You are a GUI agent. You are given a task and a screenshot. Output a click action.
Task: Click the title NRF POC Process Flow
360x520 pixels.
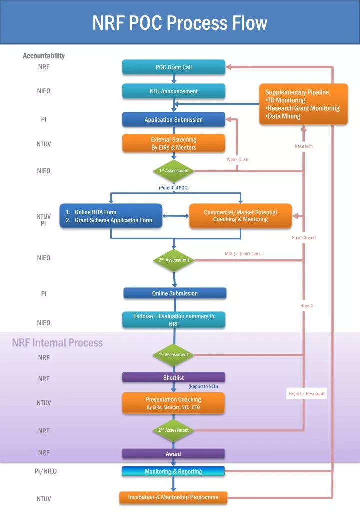[180, 23]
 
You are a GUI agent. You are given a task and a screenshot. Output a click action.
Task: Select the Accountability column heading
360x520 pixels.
[44, 56]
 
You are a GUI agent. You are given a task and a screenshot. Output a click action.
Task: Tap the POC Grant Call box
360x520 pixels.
[174, 67]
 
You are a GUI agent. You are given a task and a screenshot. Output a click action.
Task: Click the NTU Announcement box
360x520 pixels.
[174, 91]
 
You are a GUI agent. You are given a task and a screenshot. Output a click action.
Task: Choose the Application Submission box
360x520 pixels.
[174, 120]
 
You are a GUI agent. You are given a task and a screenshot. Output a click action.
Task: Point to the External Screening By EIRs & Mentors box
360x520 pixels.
[174, 144]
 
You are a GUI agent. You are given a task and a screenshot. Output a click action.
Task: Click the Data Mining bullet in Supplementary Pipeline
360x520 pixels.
[283, 116]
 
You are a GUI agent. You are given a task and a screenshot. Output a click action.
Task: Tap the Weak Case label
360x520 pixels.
[237, 159]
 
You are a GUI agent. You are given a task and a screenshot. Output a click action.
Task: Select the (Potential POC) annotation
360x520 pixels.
[174, 188]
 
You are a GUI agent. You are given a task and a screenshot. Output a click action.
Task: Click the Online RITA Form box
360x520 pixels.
[111, 216]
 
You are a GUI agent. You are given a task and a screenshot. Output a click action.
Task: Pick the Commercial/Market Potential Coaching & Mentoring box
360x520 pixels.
[240, 216]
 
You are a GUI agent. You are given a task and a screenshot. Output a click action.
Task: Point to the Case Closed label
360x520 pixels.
[304, 238]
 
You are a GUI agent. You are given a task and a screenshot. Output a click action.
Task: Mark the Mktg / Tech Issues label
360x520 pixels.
[243, 254]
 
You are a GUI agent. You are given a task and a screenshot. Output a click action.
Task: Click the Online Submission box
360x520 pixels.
[175, 293]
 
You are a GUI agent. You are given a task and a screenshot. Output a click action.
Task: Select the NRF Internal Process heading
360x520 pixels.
[57, 343]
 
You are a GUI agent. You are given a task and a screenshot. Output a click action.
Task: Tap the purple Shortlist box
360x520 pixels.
[174, 378]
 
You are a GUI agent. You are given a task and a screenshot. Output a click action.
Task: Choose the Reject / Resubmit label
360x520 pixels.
[307, 394]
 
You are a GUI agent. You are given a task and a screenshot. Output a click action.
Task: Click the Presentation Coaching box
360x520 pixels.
[174, 403]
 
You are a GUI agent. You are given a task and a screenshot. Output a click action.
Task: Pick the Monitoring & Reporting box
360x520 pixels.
[174, 471]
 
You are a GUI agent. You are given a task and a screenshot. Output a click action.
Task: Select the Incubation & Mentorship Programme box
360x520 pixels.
[173, 498]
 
